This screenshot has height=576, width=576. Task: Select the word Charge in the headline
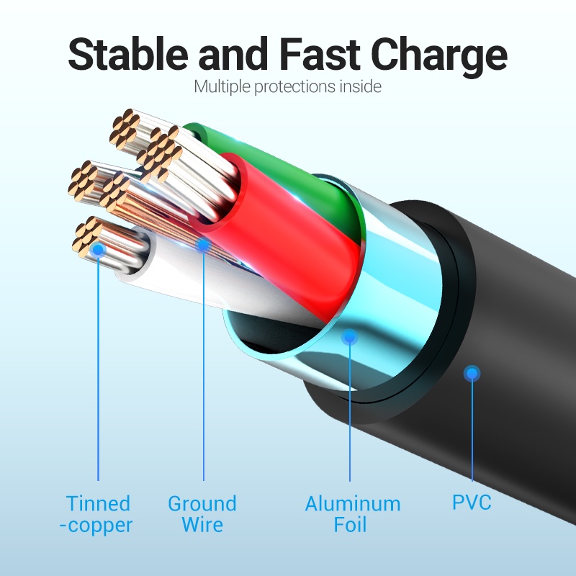444,55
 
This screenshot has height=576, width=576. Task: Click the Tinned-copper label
98,514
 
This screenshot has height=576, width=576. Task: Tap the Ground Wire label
202,513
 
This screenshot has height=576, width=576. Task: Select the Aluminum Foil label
352,513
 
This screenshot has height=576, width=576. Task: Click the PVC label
472,502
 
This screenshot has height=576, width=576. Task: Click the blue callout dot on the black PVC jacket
472,373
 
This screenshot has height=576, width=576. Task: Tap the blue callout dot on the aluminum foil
350,336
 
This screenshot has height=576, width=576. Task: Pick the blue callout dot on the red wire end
204,246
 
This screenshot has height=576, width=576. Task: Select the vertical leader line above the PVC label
472,432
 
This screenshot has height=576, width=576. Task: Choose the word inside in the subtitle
359,87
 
